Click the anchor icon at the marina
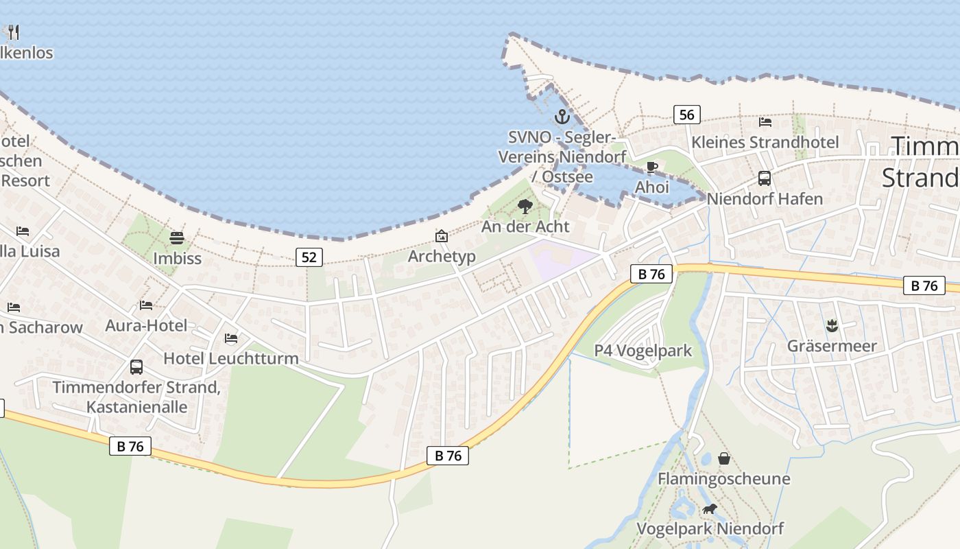tap(562, 116)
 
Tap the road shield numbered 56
tap(686, 115)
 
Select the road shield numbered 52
tap(309, 257)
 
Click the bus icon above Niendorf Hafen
tap(765, 178)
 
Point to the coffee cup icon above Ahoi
tap(651, 167)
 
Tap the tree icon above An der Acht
tap(525, 206)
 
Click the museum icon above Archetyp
tap(442, 236)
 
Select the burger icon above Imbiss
tap(177, 238)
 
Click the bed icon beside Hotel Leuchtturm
tap(231, 338)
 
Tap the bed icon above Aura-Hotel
tap(145, 305)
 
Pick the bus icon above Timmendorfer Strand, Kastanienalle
tap(136, 367)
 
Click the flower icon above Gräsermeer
tap(832, 325)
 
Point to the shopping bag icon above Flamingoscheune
tap(723, 458)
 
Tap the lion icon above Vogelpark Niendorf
tap(709, 509)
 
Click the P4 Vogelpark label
tap(643, 351)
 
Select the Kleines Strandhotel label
tap(765, 142)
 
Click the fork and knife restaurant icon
tap(13, 32)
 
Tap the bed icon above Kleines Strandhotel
tap(765, 122)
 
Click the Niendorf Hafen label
tap(765, 199)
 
